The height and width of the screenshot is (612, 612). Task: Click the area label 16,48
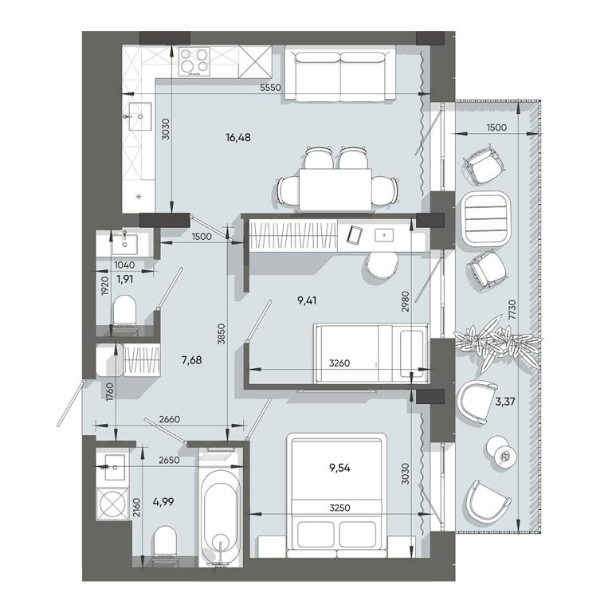point(237,137)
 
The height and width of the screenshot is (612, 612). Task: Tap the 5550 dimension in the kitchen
point(270,88)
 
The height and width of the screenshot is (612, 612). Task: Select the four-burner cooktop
point(194,61)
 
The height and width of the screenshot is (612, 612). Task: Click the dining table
point(335,190)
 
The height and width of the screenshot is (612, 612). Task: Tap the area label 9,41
point(307,300)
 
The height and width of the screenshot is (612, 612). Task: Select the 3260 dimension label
point(339,363)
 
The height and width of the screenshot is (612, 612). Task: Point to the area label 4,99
point(163,501)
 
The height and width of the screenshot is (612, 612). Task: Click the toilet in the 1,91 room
point(125,313)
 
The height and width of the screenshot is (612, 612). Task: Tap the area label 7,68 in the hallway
point(191,359)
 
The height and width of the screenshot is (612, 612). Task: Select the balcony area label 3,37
point(505,402)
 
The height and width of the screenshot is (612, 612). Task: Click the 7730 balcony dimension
point(512,310)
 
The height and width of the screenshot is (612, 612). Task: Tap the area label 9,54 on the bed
point(339,468)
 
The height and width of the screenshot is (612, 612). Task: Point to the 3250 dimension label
point(339,508)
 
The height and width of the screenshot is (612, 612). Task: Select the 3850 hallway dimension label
point(222,334)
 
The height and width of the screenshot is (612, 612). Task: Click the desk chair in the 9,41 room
point(382,265)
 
